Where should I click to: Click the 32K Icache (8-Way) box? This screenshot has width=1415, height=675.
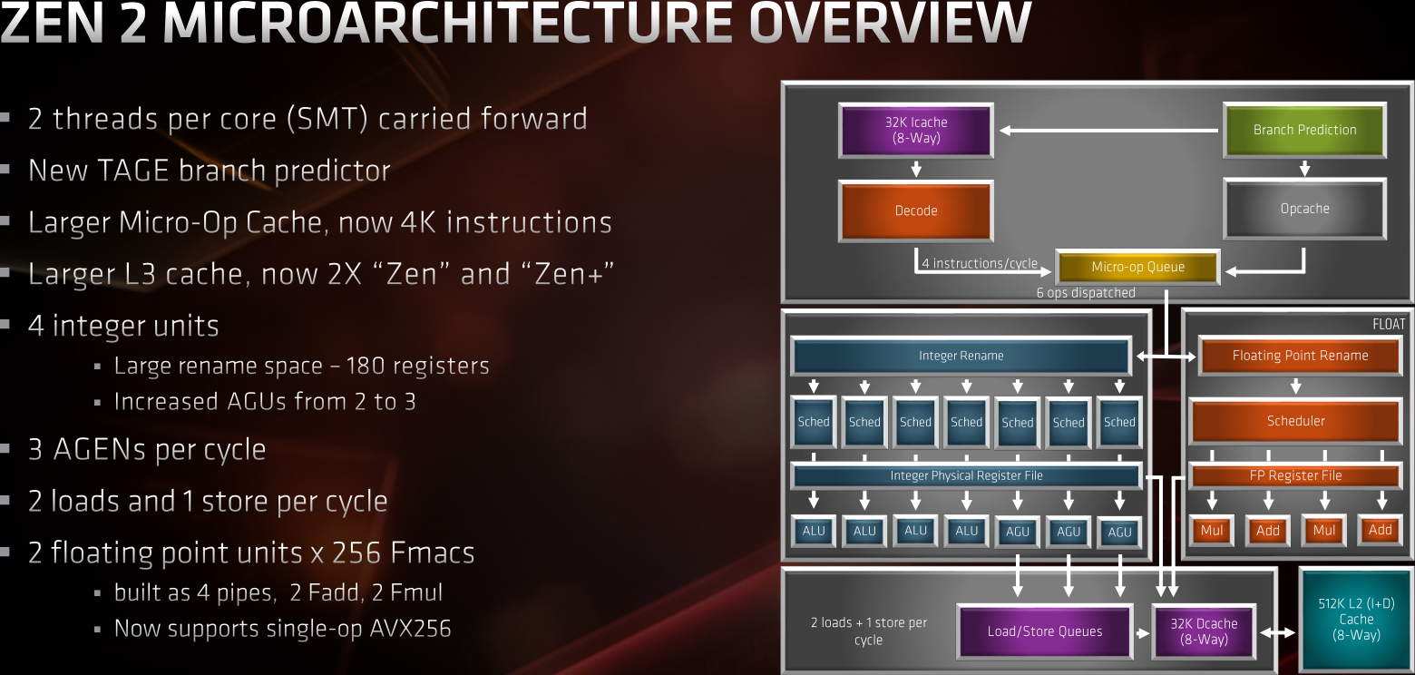[916, 130]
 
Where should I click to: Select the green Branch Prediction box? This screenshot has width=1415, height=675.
[1304, 130]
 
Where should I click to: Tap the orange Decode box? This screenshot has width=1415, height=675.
[916, 210]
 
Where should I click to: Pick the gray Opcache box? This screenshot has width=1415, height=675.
[1304, 209]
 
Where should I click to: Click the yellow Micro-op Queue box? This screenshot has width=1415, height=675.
[1138, 267]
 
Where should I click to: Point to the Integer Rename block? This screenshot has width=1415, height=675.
[961, 356]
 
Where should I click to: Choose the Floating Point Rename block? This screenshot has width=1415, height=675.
[1300, 356]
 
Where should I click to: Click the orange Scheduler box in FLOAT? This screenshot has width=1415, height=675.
[1295, 421]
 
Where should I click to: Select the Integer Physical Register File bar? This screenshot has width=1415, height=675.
[966, 475]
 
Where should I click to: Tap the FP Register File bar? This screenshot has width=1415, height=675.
[1295, 475]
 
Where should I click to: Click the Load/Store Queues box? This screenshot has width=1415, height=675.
[1044, 631]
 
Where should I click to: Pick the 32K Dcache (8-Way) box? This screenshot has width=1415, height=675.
[1204, 631]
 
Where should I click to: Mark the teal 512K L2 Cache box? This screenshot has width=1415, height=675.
[1356, 620]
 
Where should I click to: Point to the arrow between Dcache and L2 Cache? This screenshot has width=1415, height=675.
[1278, 632]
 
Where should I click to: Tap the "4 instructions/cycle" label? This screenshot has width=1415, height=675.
[980, 264]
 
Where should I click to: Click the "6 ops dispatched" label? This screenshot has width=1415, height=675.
[1086, 293]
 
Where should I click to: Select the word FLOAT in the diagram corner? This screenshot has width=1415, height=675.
[1389, 324]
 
